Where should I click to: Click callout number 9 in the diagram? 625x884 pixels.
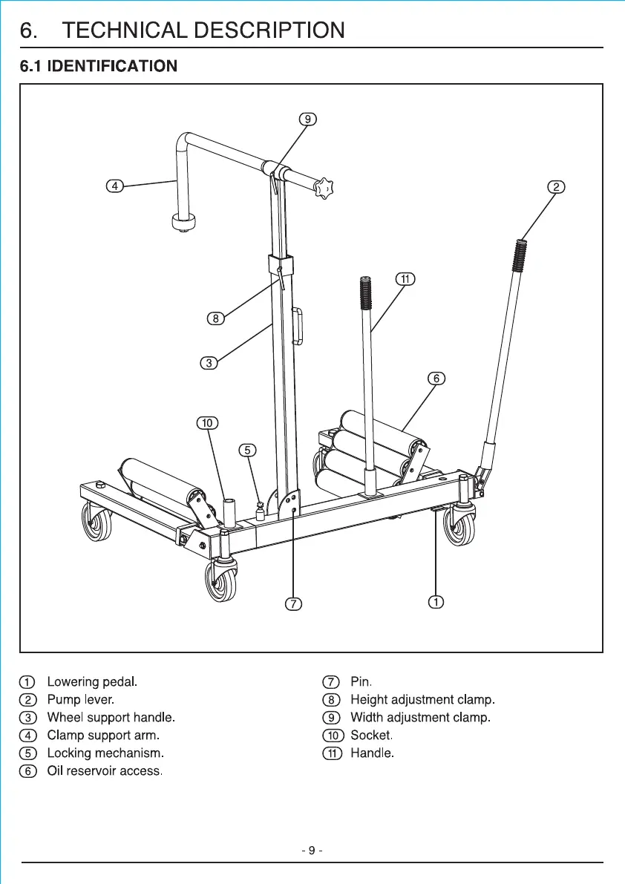point(307,119)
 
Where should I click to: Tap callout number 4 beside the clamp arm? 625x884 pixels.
point(114,186)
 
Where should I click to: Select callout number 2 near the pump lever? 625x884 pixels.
point(556,186)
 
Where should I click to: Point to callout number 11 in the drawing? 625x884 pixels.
point(405,279)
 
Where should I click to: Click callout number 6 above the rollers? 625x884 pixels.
point(436,379)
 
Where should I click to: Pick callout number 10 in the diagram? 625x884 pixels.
point(206,423)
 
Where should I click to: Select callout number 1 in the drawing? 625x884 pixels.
point(437,601)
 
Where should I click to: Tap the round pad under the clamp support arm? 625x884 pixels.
point(182,222)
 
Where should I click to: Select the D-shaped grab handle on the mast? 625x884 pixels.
point(299,327)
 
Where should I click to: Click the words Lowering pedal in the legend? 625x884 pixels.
point(92,681)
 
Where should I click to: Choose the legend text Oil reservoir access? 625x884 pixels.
point(105,771)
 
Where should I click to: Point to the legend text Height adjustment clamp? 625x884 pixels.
point(422,699)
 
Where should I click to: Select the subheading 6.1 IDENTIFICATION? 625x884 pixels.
point(99,66)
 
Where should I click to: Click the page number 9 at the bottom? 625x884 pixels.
point(312,849)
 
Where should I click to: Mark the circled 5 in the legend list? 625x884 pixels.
point(27,753)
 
